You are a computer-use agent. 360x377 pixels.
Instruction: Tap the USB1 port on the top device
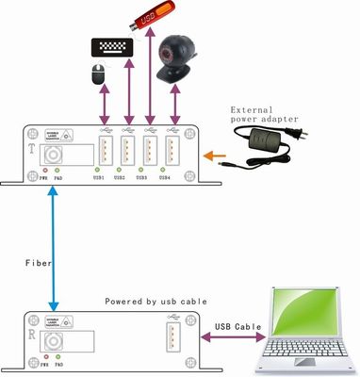(105, 151)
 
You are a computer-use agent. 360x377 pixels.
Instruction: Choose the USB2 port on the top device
(127, 151)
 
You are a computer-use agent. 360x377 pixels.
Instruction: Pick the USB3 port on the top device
(149, 151)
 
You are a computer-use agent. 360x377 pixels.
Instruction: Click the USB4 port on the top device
(171, 151)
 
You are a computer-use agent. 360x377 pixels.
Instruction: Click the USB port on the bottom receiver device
(174, 336)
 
